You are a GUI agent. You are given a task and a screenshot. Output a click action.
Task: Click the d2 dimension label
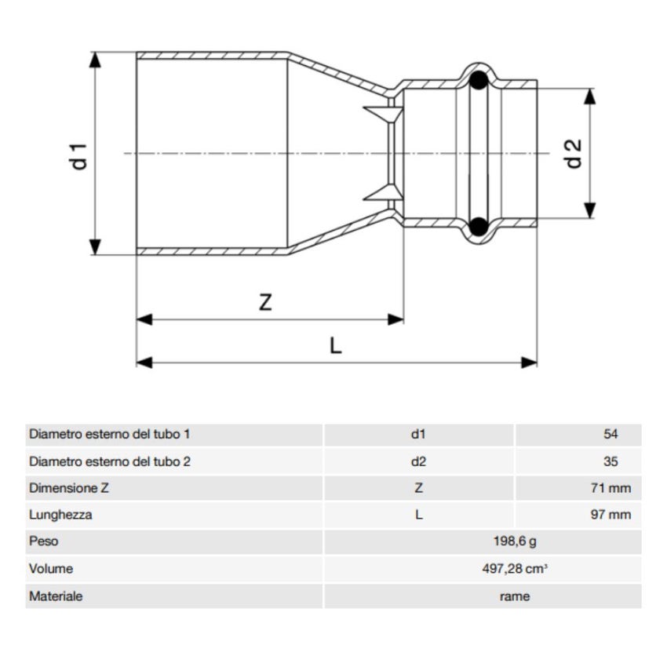[574, 153]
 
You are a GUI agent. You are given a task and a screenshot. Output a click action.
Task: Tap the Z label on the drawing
[265, 303]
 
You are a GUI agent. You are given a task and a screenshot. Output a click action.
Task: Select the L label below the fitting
[336, 346]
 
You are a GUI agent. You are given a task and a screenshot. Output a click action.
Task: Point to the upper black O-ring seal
[476, 81]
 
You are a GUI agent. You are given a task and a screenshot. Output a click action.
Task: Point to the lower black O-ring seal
[476, 227]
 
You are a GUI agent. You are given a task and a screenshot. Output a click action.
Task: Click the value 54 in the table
[611, 434]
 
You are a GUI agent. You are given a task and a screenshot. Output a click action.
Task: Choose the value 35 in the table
[611, 461]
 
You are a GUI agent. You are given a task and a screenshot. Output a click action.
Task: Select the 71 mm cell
[610, 488]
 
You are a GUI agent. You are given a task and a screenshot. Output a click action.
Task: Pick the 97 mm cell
[610, 515]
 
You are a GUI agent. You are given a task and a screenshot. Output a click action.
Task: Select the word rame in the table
[514, 596]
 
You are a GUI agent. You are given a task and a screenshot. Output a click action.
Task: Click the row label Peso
[43, 541]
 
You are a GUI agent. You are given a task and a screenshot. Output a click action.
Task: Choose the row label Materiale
[56, 596]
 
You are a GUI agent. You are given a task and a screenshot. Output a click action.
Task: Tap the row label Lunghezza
[60, 515]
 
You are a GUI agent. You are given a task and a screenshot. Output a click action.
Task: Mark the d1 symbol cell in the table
[418, 434]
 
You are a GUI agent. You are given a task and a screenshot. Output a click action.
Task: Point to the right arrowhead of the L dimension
[531, 362]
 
